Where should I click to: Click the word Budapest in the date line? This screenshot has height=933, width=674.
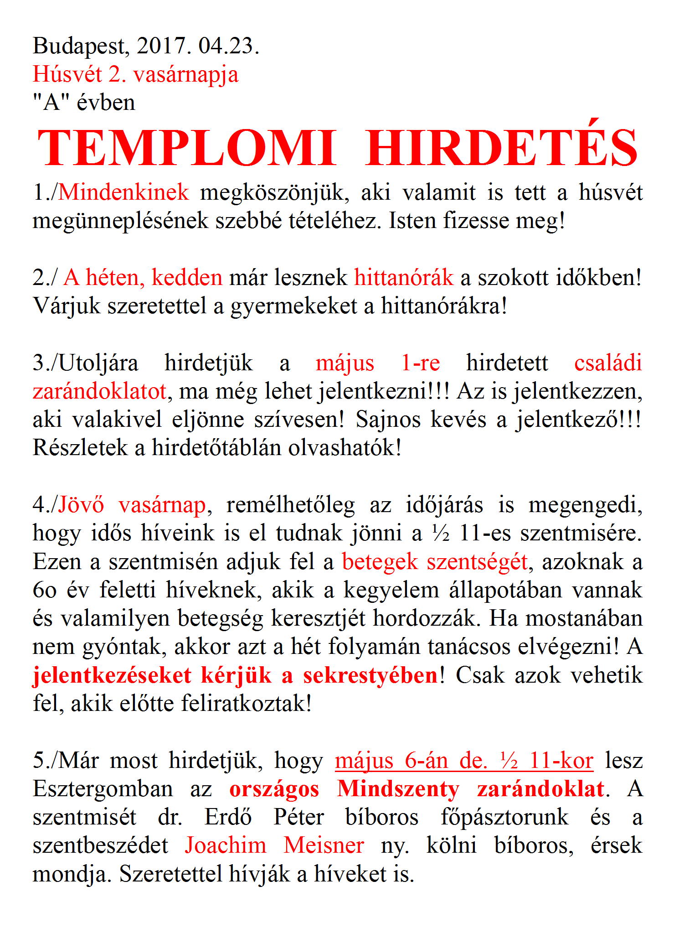[x=78, y=46]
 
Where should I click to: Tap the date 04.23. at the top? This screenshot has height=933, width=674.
[x=228, y=46]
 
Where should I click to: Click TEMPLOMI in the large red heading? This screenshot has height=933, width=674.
[x=187, y=148]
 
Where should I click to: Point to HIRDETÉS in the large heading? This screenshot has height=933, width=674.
[x=502, y=148]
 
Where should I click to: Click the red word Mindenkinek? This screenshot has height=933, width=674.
[x=123, y=192]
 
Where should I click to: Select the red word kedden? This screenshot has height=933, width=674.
[x=187, y=277]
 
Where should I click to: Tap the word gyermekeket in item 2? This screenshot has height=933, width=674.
[x=293, y=306]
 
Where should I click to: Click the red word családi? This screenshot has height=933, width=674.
[x=608, y=363]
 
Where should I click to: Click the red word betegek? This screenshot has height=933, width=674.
[x=380, y=562]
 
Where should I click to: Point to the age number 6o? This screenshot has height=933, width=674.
[x=45, y=591]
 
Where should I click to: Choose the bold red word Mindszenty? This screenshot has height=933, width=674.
[x=398, y=789]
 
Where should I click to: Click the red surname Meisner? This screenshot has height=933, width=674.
[x=324, y=846]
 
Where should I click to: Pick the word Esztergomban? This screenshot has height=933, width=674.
[x=103, y=789]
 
